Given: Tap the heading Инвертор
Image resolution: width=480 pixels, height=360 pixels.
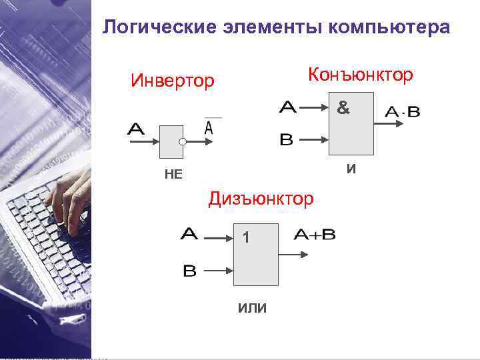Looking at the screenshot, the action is tap(173, 81).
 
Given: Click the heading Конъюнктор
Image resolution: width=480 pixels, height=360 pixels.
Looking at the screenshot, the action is tap(359, 75).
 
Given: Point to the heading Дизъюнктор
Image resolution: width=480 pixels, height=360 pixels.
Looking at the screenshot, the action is tap(261, 198).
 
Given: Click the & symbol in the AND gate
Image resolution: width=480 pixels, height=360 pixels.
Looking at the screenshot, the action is tap(343, 107).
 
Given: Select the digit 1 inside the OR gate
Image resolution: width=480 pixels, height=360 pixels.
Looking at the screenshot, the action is tap(246, 237).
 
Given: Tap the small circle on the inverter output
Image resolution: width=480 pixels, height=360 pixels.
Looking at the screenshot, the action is tap(181, 142).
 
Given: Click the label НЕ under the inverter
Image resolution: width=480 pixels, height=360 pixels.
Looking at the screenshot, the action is tap(173, 175).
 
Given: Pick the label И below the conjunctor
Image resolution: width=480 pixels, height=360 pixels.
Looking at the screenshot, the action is tap(351, 169).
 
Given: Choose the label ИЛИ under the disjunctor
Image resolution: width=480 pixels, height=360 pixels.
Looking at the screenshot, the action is tap(252, 307).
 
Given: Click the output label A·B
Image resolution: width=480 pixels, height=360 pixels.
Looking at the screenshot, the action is tap(403, 112).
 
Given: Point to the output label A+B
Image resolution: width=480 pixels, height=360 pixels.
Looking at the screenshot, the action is tap(314, 235).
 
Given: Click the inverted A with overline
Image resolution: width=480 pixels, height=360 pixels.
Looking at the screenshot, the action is tap(209, 127).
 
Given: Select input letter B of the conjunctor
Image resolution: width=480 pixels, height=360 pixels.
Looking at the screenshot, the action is tap(286, 140).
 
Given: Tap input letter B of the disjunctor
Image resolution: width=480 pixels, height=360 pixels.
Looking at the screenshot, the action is tap(189, 271).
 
